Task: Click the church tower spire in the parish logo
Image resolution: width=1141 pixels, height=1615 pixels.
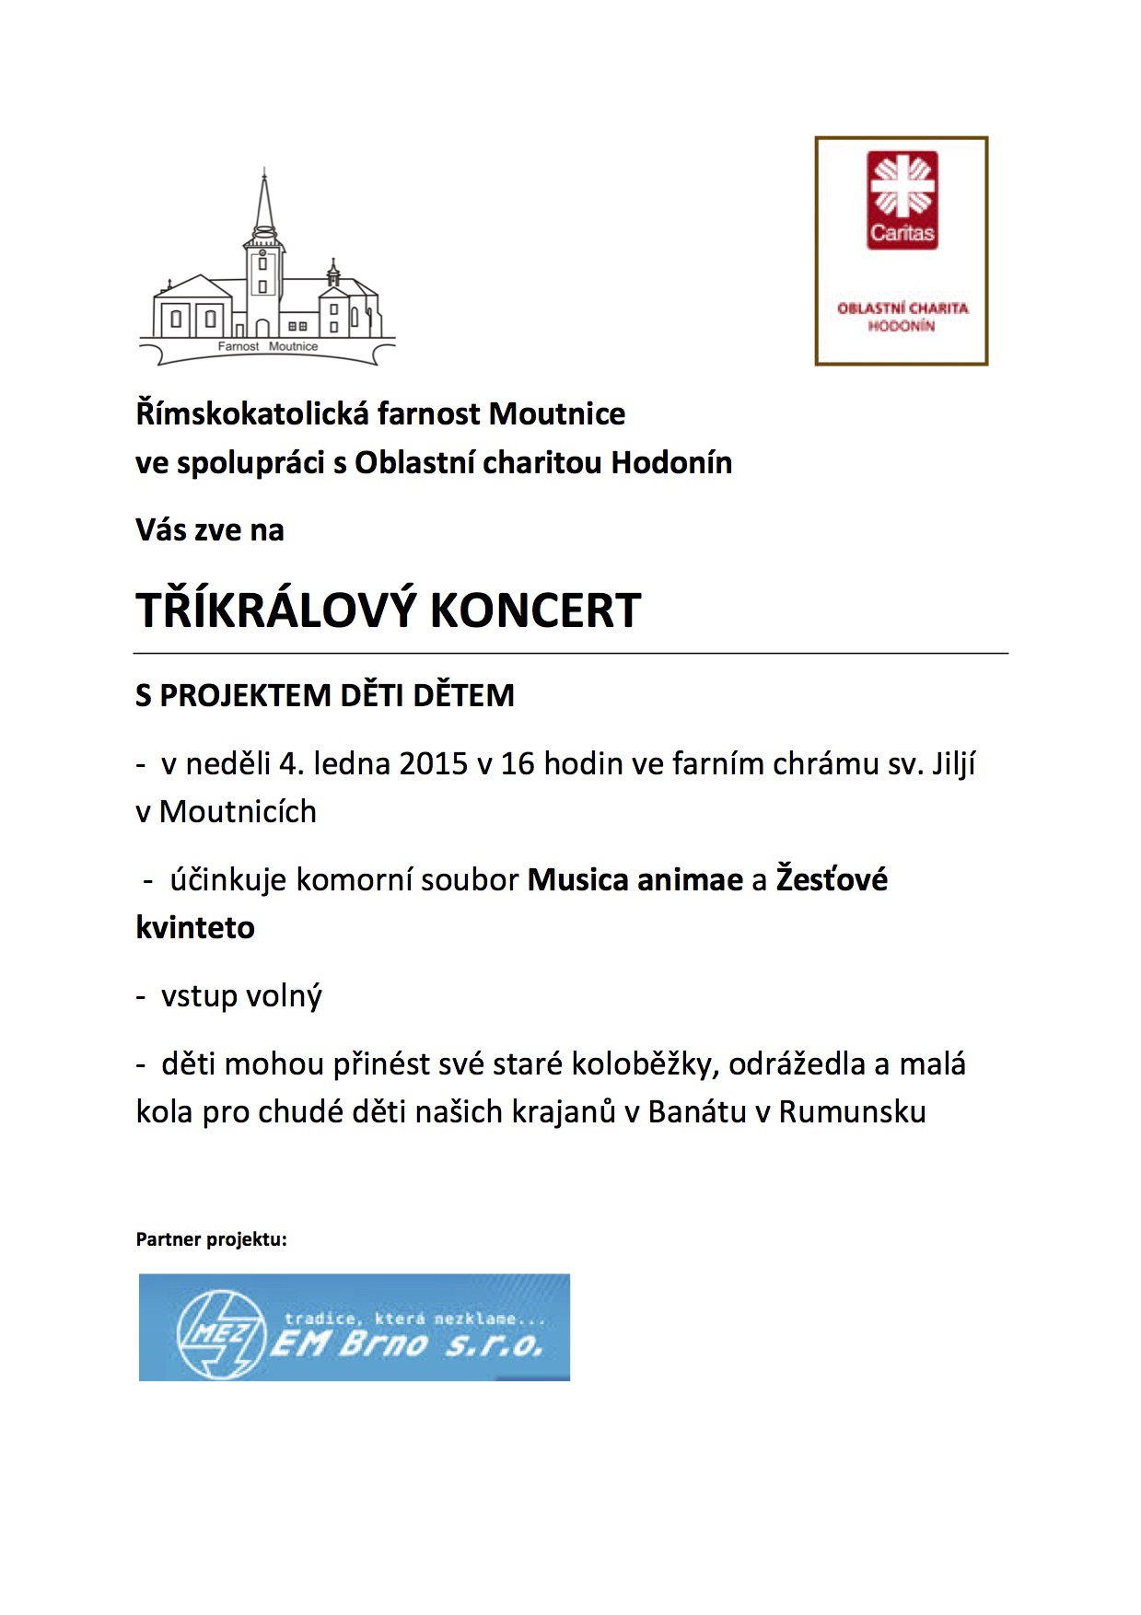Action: (265, 198)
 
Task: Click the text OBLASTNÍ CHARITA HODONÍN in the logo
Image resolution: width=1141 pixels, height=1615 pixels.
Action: (902, 317)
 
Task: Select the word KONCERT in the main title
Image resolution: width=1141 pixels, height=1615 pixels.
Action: (535, 610)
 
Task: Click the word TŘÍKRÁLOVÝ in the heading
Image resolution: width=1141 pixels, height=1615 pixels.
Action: (276, 610)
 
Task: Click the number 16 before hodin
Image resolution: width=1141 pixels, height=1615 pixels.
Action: (518, 764)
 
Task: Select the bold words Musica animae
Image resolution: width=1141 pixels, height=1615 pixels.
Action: (635, 880)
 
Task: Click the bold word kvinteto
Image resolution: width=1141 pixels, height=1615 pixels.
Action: (195, 927)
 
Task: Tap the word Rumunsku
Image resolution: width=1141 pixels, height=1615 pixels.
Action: (852, 1112)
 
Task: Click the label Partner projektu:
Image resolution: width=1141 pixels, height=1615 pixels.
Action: (211, 1239)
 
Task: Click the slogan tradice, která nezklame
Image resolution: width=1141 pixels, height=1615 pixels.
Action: (414, 1319)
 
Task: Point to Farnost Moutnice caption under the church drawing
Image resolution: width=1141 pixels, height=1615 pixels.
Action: (268, 347)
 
